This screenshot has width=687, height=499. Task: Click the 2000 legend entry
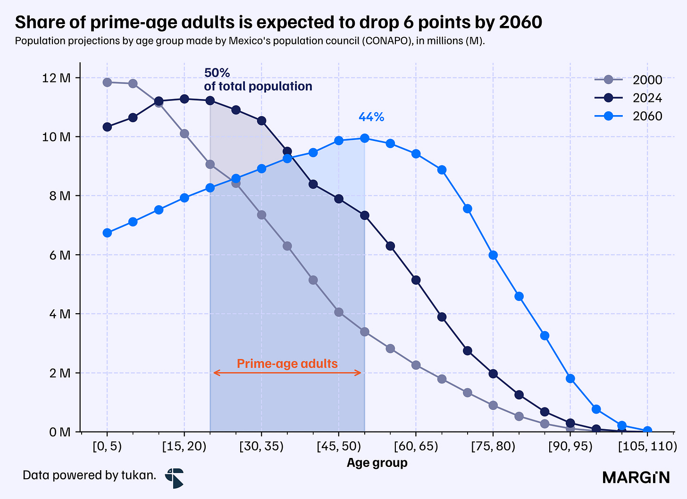[628, 80]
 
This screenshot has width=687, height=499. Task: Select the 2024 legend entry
[628, 98]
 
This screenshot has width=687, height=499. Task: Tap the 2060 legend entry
[628, 116]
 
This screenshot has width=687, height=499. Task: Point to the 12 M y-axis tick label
[56, 78]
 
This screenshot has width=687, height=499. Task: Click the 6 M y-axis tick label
[60, 255]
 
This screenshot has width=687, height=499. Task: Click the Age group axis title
[377, 463]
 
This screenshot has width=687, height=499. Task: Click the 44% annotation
[371, 117]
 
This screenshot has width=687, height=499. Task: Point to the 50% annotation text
[217, 73]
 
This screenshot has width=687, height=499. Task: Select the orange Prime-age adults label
[287, 364]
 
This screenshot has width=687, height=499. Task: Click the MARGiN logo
[637, 477]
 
